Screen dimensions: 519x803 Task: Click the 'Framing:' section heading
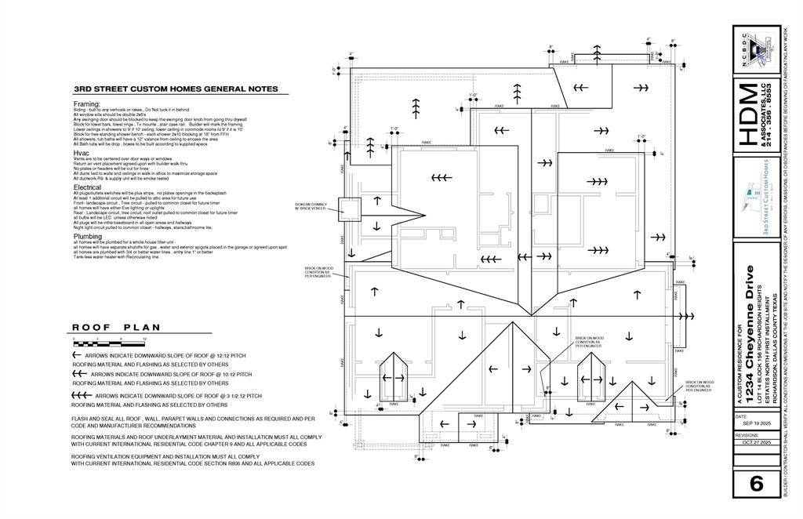(87, 103)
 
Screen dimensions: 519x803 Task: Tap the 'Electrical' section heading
(87, 187)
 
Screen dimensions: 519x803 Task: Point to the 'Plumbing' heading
(87, 236)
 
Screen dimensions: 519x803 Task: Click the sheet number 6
(756, 484)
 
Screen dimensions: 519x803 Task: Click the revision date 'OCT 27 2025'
(755, 443)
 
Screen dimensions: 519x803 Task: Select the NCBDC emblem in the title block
(757, 50)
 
